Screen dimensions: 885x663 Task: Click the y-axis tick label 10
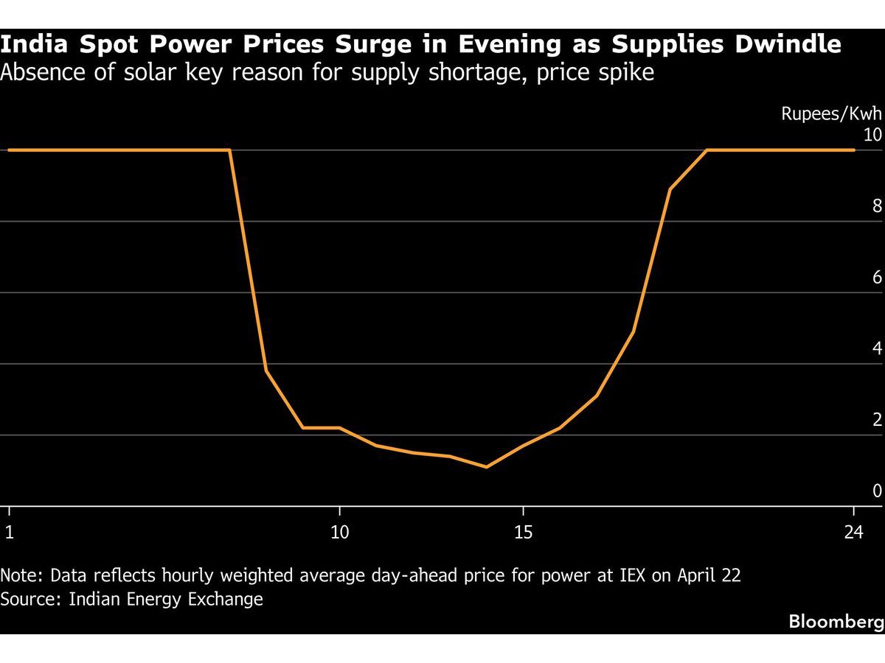click(872, 135)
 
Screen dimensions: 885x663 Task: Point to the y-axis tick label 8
click(877, 206)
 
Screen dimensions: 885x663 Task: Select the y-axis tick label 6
click(877, 277)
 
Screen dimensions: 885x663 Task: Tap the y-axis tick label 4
click(877, 348)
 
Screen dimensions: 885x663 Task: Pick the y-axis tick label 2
click(877, 419)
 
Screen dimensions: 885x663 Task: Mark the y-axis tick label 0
click(877, 491)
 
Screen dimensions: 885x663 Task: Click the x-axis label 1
click(10, 532)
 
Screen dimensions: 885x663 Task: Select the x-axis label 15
click(523, 532)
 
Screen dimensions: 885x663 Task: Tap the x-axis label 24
click(853, 532)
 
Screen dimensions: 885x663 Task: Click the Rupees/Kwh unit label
click(831, 114)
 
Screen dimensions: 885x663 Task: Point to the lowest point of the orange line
click(486, 467)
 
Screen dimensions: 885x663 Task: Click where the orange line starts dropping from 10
click(229, 150)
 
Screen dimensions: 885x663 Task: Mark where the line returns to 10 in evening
click(707, 150)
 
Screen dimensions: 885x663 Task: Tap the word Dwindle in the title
click(788, 43)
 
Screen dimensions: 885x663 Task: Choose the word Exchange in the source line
click(226, 600)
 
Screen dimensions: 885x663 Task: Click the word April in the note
click(694, 576)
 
